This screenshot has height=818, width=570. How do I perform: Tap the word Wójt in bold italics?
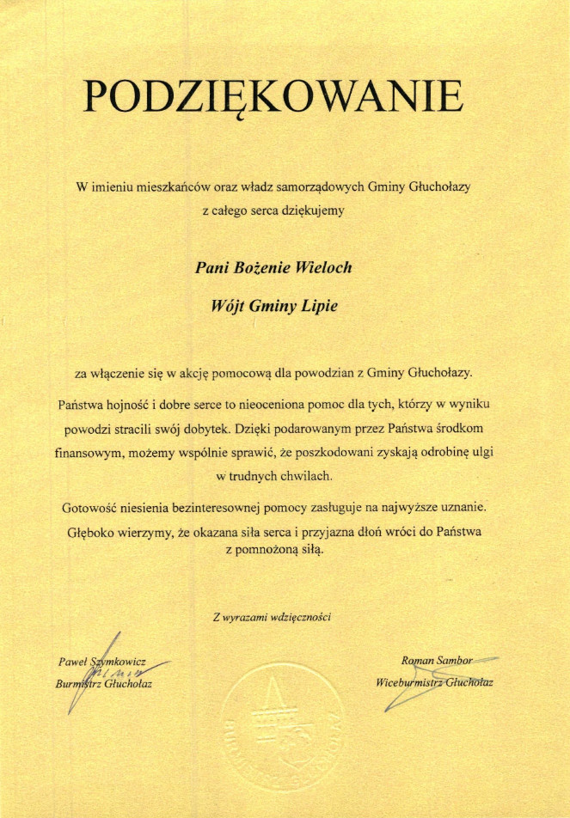[228, 305]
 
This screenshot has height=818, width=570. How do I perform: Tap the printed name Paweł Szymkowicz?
[101, 662]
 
